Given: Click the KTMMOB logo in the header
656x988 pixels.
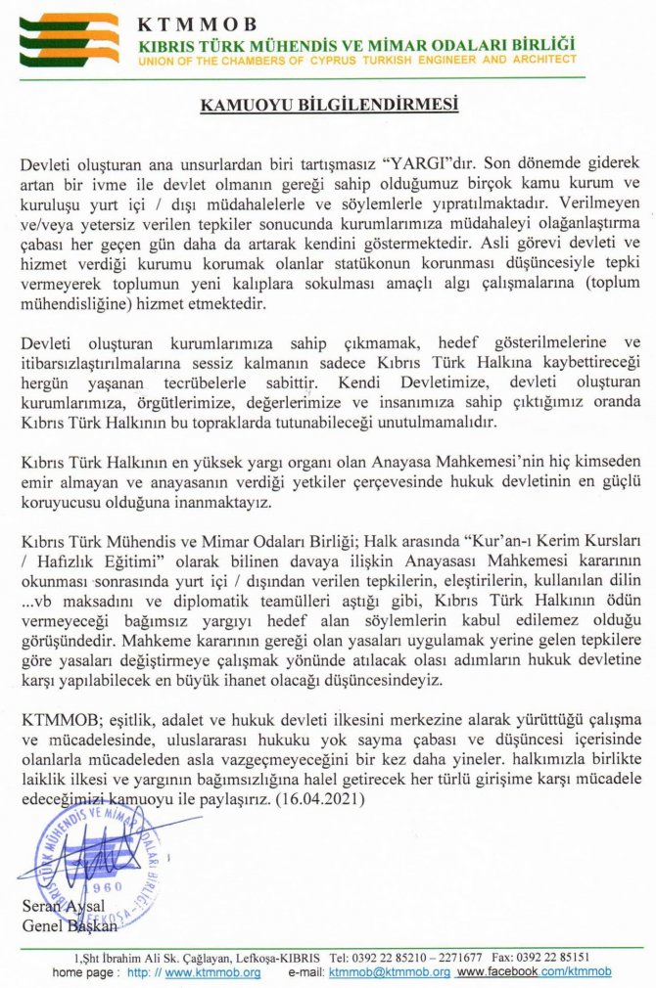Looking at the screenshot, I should coord(70,39).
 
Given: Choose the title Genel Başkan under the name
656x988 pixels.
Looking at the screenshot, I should coord(69,924).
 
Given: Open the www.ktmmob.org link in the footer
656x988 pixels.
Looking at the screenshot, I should coord(211,972).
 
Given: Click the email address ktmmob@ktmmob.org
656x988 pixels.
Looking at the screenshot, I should coord(389,972).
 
